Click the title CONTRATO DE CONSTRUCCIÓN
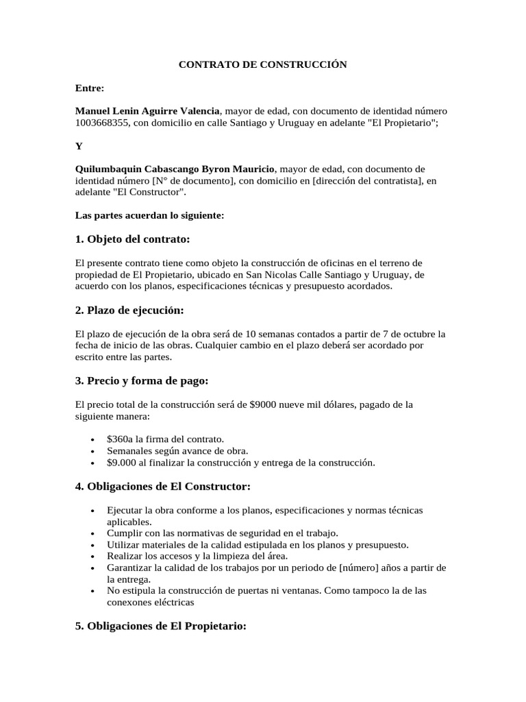(263, 64)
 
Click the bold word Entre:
(90, 88)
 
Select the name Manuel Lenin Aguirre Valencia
(147, 111)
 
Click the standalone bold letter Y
(79, 146)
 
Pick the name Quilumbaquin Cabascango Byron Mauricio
(175, 169)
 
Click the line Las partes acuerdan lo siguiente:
(149, 215)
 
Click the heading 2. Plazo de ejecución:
(129, 310)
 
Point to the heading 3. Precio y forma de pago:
(142, 380)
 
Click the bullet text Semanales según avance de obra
(177, 450)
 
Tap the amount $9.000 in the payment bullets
(121, 463)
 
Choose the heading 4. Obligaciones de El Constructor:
(162, 487)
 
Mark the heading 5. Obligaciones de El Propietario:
(160, 627)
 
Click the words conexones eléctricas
(151, 603)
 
